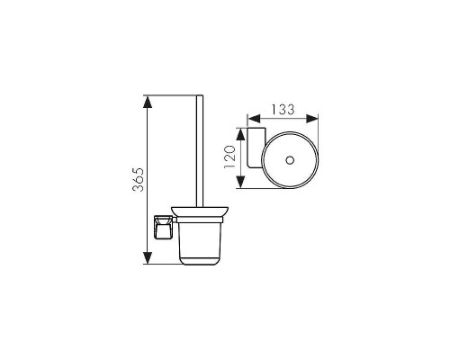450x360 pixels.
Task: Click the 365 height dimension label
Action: (139, 180)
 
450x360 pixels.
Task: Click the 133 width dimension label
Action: (283, 110)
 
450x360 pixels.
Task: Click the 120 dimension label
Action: (230, 157)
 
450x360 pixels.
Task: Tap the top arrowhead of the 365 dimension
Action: (148, 102)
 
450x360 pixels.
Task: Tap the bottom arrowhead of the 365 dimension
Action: (148, 258)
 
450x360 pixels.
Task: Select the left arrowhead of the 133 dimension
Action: (254, 119)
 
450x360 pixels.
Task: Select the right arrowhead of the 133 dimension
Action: (311, 119)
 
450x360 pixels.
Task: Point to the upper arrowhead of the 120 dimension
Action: (240, 134)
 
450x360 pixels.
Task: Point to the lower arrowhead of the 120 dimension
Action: (240, 182)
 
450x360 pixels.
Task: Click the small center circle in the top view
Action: (290, 160)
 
